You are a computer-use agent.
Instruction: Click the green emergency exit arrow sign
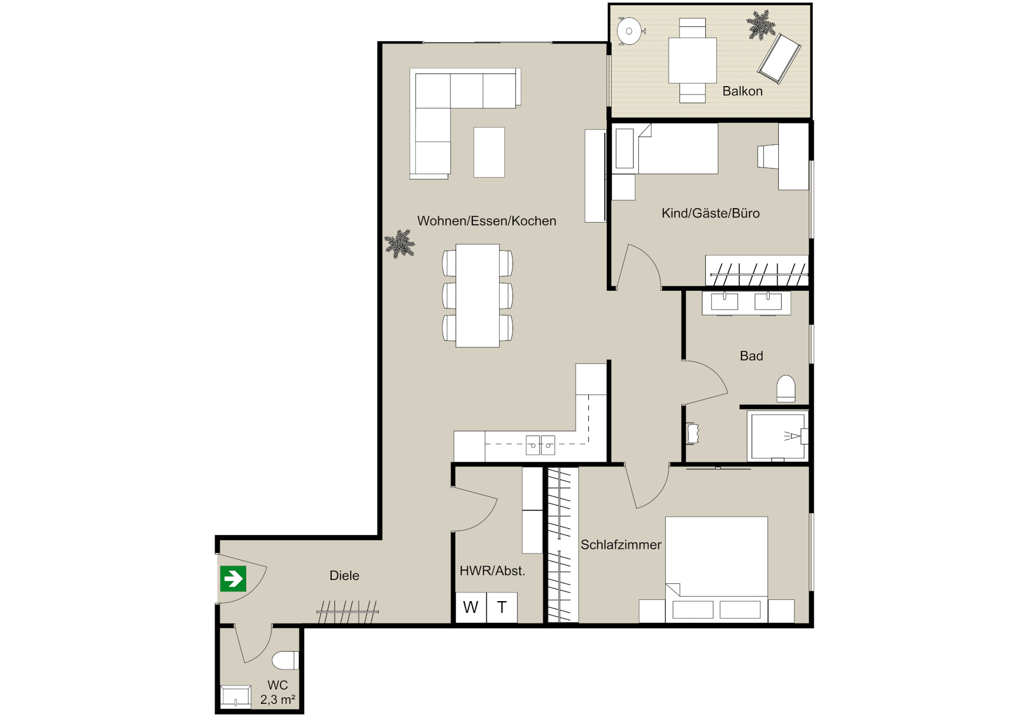pos(233,579)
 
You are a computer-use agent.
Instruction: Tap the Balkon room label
pos(742,91)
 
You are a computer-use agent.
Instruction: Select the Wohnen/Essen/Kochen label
pos(487,221)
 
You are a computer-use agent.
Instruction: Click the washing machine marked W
pos(471,607)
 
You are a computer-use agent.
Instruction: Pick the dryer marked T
pos(502,607)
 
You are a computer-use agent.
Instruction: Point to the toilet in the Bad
pos(786,389)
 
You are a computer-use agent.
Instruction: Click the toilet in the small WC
pos(285,660)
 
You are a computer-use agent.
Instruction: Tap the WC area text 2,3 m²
pos(278,700)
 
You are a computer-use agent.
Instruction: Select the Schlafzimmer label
pos(621,544)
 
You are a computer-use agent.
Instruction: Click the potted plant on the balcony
pos(761,25)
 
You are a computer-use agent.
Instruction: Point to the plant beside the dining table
pos(399,244)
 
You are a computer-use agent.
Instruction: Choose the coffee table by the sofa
pos(489,152)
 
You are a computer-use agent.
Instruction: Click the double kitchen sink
pos(541,445)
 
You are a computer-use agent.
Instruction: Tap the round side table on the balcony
pos(630,31)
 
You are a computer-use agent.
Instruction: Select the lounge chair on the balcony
pos(779,59)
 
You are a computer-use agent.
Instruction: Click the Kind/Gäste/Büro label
pos(710,213)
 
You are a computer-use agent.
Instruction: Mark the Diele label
pos(344,575)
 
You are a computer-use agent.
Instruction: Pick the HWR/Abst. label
pos(492,571)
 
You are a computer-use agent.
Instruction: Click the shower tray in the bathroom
pos(778,436)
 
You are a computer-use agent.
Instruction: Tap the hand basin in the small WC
pos(236,696)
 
